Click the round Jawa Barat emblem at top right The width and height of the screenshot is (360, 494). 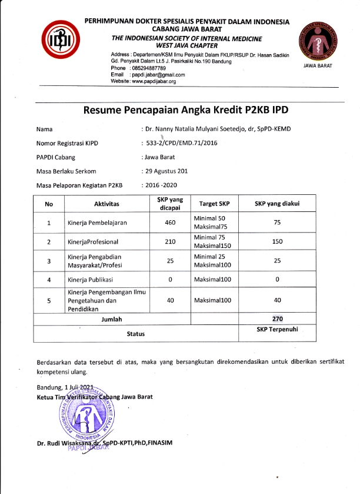click(317, 39)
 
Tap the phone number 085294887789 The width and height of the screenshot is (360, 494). click(149, 68)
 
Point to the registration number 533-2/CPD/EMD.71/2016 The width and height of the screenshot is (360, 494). click(182, 143)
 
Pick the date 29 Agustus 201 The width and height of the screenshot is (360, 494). click(168, 171)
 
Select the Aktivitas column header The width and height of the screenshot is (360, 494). click(106, 203)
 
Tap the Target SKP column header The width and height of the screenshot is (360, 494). click(214, 203)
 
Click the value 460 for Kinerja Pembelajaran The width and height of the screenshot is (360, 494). click(170, 223)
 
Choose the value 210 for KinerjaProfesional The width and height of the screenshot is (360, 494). click(170, 241)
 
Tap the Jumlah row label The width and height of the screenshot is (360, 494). click(112, 319)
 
